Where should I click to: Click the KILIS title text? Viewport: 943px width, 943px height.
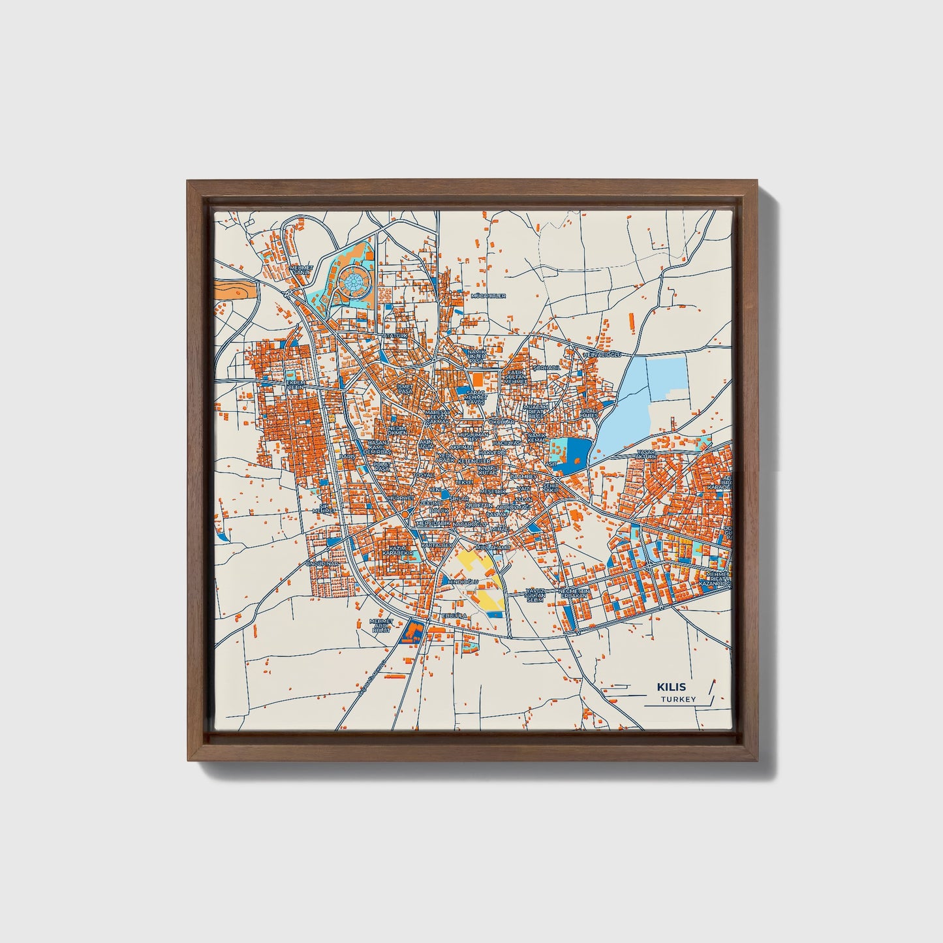click(672, 687)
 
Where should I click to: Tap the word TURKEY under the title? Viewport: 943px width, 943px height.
click(678, 700)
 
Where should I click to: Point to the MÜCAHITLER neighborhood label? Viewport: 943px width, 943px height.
click(488, 296)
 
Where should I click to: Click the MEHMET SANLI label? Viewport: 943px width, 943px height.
click(301, 270)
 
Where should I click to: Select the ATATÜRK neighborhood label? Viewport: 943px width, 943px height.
click(394, 335)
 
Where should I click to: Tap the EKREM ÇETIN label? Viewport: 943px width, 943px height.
click(296, 385)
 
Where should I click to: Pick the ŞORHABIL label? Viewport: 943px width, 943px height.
click(547, 367)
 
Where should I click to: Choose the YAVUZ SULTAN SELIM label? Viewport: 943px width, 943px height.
click(535, 595)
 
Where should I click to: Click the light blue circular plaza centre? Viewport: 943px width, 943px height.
click(353, 281)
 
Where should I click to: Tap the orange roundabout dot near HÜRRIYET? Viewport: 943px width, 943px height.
click(405, 514)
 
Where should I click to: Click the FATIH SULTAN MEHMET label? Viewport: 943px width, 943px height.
click(516, 377)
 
